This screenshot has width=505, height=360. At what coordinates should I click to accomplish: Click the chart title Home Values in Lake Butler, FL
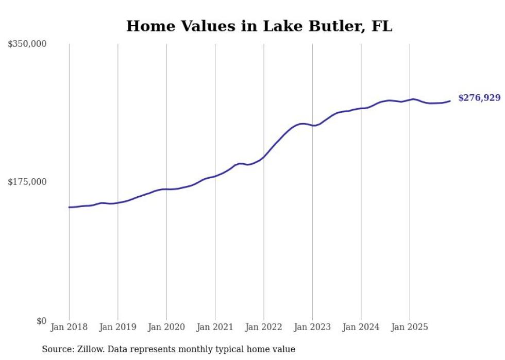click(x=259, y=26)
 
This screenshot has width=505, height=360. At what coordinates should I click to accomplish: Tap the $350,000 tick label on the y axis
click(x=27, y=44)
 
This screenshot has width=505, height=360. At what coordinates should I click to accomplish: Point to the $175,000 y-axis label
click(x=27, y=182)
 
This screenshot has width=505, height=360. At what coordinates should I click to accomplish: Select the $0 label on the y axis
click(x=41, y=321)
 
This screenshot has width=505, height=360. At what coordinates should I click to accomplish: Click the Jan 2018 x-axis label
click(x=69, y=327)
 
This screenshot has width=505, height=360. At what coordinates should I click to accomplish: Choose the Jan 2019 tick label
click(x=117, y=327)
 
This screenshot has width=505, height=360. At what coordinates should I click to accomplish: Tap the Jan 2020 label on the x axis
click(x=166, y=327)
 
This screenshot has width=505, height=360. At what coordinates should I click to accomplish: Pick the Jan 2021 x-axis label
click(x=215, y=327)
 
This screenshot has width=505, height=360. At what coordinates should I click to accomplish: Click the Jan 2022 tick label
click(x=264, y=327)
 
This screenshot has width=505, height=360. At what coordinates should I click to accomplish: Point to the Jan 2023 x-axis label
click(x=312, y=327)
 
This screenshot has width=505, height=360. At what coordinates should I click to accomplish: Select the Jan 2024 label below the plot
click(x=361, y=327)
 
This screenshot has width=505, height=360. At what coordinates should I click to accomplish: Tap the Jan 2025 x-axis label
click(x=410, y=327)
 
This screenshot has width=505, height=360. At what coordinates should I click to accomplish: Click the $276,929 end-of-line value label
click(x=479, y=98)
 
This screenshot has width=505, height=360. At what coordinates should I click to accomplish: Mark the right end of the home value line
click(x=450, y=101)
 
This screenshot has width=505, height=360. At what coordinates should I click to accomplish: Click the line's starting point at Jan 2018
click(x=69, y=207)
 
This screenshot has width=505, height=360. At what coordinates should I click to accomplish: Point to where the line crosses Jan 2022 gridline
click(x=264, y=157)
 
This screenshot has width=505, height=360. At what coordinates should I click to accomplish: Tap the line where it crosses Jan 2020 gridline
click(x=166, y=189)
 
